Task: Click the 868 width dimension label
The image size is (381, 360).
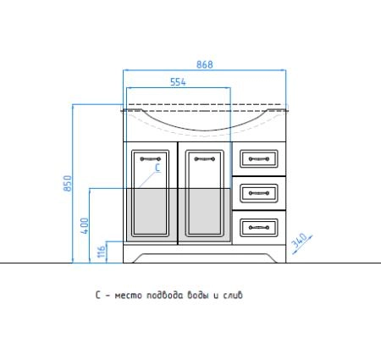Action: (x=205, y=64)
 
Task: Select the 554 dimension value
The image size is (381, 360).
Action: (x=178, y=82)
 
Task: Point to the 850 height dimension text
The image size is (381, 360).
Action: (x=68, y=184)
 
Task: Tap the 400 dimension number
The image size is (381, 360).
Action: (x=85, y=225)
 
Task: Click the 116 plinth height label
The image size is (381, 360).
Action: (x=101, y=251)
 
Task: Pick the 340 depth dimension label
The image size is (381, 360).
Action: (x=299, y=241)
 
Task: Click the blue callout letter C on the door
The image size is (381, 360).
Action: (x=157, y=168)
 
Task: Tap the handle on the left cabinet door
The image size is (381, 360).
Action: (x=151, y=159)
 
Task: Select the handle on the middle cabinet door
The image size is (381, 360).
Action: (x=205, y=159)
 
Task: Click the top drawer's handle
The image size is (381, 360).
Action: (x=259, y=159)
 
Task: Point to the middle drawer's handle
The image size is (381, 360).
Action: (x=259, y=193)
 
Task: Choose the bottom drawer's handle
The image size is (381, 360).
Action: (x=259, y=228)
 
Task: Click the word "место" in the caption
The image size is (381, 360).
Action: (x=129, y=296)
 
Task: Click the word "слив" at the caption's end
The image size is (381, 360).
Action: (x=233, y=295)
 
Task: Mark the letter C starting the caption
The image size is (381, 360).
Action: (x=98, y=295)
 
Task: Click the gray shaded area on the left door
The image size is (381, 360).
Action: (x=152, y=215)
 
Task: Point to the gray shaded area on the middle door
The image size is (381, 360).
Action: (x=205, y=215)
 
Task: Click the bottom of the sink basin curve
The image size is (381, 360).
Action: (x=205, y=130)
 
